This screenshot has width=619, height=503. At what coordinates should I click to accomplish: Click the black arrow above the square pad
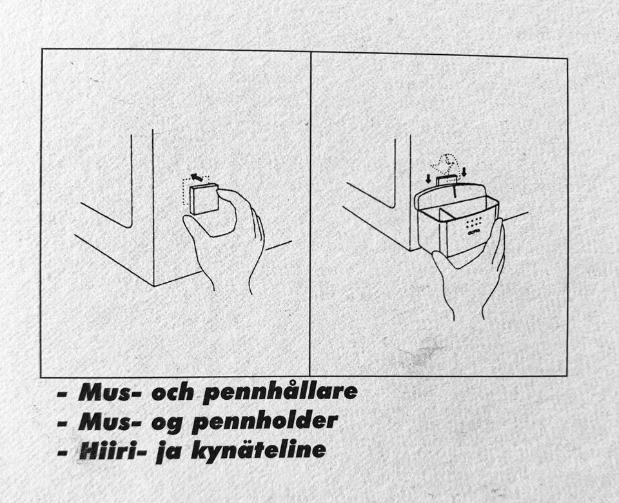pyautogui.click(x=197, y=176)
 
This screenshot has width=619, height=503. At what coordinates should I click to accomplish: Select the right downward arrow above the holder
pyautogui.click(x=464, y=172)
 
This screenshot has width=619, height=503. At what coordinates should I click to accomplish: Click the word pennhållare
pyautogui.click(x=280, y=393)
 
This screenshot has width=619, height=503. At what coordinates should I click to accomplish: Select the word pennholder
pyautogui.click(x=265, y=422)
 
